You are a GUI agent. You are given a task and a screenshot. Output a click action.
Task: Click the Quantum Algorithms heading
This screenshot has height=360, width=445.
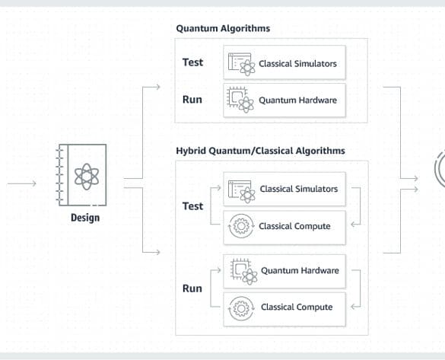point(223,29)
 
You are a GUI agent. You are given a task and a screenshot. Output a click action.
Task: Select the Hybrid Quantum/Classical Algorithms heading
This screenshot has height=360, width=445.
point(260,151)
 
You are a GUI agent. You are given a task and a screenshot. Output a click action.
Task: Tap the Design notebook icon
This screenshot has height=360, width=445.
point(81,175)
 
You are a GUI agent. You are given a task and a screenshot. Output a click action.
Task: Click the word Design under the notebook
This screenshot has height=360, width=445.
point(85,218)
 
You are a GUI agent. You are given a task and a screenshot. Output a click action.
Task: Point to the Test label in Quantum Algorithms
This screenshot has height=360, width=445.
point(192,62)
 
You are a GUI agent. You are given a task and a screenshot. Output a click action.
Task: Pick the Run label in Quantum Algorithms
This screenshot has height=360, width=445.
point(192,100)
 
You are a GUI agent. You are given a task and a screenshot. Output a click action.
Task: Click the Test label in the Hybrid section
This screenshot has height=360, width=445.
point(192,206)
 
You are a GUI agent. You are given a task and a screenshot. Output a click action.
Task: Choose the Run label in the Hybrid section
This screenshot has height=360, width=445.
point(192,288)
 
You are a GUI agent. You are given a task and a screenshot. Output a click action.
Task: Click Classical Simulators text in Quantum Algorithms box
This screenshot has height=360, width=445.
point(297,64)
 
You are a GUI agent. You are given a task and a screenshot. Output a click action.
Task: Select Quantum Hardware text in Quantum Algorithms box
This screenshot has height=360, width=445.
point(297,100)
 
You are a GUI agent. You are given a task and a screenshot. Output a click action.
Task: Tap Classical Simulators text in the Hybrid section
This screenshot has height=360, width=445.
point(299,189)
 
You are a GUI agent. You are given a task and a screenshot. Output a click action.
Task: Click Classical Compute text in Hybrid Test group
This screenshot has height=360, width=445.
point(294,226)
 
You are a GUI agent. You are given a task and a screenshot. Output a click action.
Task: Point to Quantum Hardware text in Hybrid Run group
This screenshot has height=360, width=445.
point(300,270)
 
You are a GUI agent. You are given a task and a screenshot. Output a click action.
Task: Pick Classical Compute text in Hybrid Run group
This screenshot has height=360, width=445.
point(297,307)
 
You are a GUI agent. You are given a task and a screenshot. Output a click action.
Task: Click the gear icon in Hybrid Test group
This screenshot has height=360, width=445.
point(241,226)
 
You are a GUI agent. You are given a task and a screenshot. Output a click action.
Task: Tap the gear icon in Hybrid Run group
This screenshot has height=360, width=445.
point(241,308)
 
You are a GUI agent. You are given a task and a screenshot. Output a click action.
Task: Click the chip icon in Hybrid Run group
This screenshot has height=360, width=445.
point(243,272)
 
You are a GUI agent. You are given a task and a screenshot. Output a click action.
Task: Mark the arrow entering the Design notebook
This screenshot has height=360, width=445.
point(22,183)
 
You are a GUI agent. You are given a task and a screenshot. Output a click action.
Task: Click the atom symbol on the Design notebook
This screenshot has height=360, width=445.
point(87,177)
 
